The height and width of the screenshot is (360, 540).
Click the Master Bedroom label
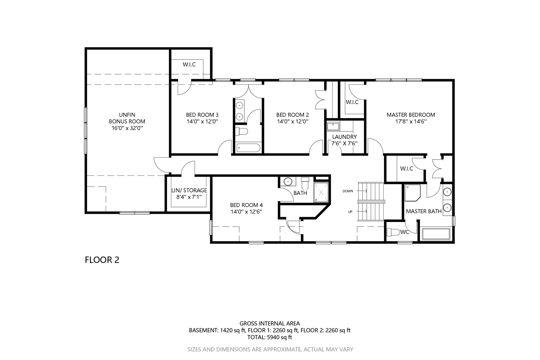[411, 115]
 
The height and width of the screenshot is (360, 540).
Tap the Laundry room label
[345, 137]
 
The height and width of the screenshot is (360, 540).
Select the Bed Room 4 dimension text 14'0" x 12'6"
[246, 212]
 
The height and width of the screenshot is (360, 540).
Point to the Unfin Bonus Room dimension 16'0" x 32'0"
[127, 128]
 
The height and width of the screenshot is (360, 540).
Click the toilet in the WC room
[393, 232]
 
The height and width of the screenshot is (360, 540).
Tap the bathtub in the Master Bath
[436, 234]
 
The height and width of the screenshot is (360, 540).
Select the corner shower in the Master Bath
[412, 193]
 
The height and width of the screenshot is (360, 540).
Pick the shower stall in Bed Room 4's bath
[321, 192]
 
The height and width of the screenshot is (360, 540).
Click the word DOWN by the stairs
[348, 191]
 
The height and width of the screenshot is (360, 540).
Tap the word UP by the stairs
[350, 212]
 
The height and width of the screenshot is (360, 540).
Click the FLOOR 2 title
[102, 260]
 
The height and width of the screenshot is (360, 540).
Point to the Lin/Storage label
[189, 190]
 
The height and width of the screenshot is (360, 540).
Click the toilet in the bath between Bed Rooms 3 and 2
[242, 131]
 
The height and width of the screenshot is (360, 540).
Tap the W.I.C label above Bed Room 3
[189, 64]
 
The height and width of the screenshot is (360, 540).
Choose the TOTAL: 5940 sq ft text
[270, 337]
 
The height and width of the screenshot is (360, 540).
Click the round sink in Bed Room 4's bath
[288, 181]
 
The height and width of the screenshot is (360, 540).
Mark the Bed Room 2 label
[292, 115]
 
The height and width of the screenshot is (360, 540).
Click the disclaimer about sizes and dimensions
[270, 350]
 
